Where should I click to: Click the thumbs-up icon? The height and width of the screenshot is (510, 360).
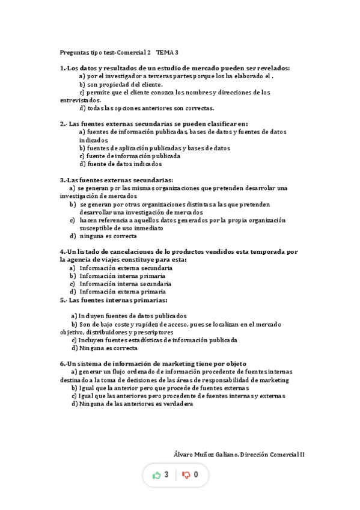pos(157,475)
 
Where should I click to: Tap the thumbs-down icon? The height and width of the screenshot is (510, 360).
pos(186,475)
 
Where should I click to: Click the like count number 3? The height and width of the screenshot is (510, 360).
pos(166,475)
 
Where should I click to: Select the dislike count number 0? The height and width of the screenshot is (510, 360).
pos(196,475)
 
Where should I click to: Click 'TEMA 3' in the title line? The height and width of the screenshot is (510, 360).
pos(168,52)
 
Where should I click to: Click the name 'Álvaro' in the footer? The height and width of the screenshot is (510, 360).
pos(183,455)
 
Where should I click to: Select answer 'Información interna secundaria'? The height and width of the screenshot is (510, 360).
pos(125,284)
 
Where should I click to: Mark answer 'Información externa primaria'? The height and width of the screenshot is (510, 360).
pos(123,292)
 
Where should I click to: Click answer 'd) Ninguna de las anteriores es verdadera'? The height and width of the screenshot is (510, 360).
pos(132,404)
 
